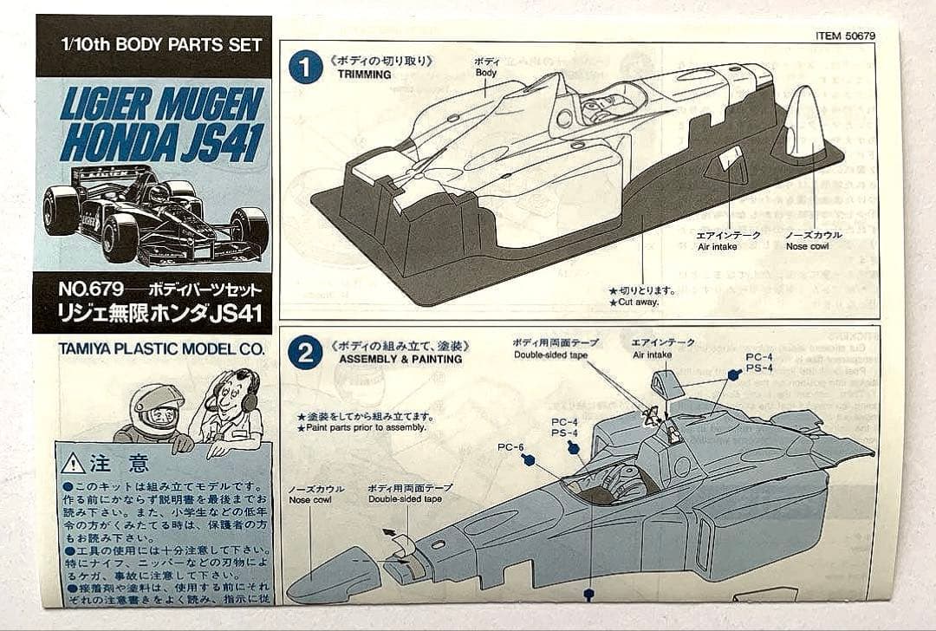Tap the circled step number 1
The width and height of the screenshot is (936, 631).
coord(304,68)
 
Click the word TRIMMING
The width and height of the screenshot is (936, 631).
coord(364,75)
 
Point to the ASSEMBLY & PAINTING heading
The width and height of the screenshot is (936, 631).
coord(400,359)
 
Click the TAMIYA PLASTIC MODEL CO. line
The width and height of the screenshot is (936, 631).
coord(160,349)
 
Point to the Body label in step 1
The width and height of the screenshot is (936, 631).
coord(486,73)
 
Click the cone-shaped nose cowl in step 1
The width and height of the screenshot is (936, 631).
coord(803,126)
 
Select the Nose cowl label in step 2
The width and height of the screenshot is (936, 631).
coord(310,500)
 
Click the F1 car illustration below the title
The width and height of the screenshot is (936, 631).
coord(154,212)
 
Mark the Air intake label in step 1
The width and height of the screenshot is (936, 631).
coord(717,247)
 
